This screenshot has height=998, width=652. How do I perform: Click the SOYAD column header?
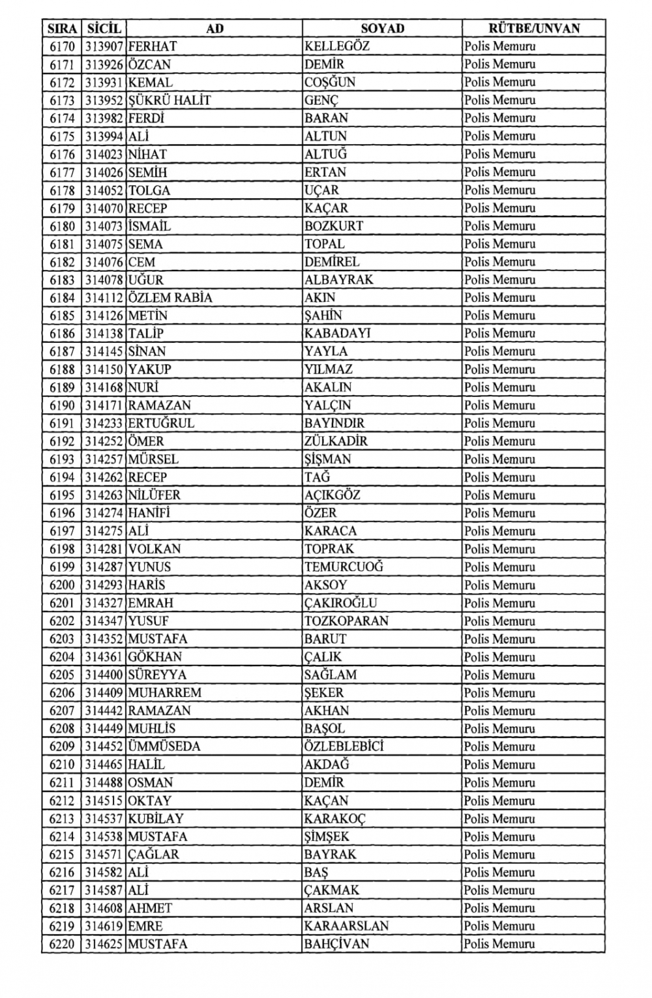click(x=382, y=28)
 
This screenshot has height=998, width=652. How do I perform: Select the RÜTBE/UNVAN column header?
click(x=533, y=28)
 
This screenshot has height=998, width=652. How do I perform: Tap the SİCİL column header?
click(x=104, y=28)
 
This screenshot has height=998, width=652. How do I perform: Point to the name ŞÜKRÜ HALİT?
click(x=170, y=100)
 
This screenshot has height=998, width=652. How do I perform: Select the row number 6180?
click(x=62, y=226)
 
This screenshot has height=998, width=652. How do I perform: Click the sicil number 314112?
click(x=104, y=298)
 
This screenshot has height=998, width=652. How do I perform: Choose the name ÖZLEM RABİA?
click(x=170, y=298)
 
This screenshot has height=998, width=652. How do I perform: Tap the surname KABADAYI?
click(x=337, y=334)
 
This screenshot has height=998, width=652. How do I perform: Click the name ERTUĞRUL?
click(x=161, y=424)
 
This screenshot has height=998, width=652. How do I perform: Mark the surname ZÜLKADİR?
click(x=336, y=441)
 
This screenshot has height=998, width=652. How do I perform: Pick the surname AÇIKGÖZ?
click(x=332, y=495)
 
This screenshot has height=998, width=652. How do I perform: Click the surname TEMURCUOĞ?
click(x=344, y=567)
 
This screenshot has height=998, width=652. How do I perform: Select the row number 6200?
click(x=62, y=585)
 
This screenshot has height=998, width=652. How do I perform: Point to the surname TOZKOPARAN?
click(x=346, y=621)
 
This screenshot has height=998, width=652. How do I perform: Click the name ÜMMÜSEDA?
click(x=164, y=747)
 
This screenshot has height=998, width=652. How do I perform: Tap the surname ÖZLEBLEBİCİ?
click(x=344, y=747)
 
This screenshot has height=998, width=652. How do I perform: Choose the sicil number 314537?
click(x=104, y=819)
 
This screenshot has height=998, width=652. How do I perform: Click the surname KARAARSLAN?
click(x=346, y=926)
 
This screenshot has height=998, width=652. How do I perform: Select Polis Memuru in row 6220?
click(x=499, y=945)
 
